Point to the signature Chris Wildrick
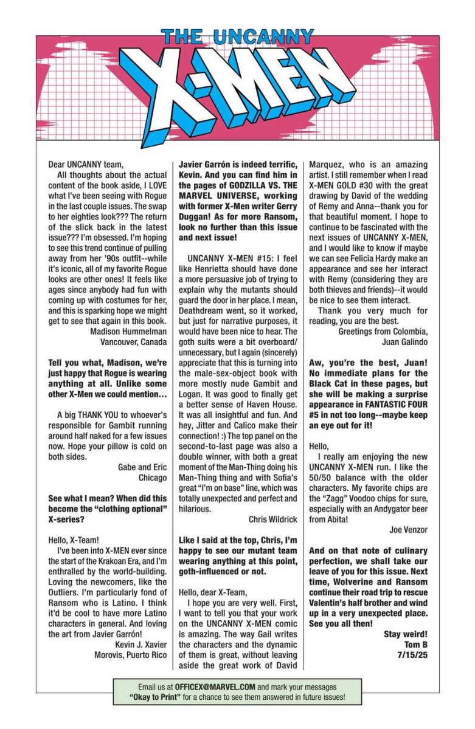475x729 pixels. point(273,519)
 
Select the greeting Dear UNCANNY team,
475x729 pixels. point(85,163)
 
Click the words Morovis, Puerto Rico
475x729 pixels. point(130,655)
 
